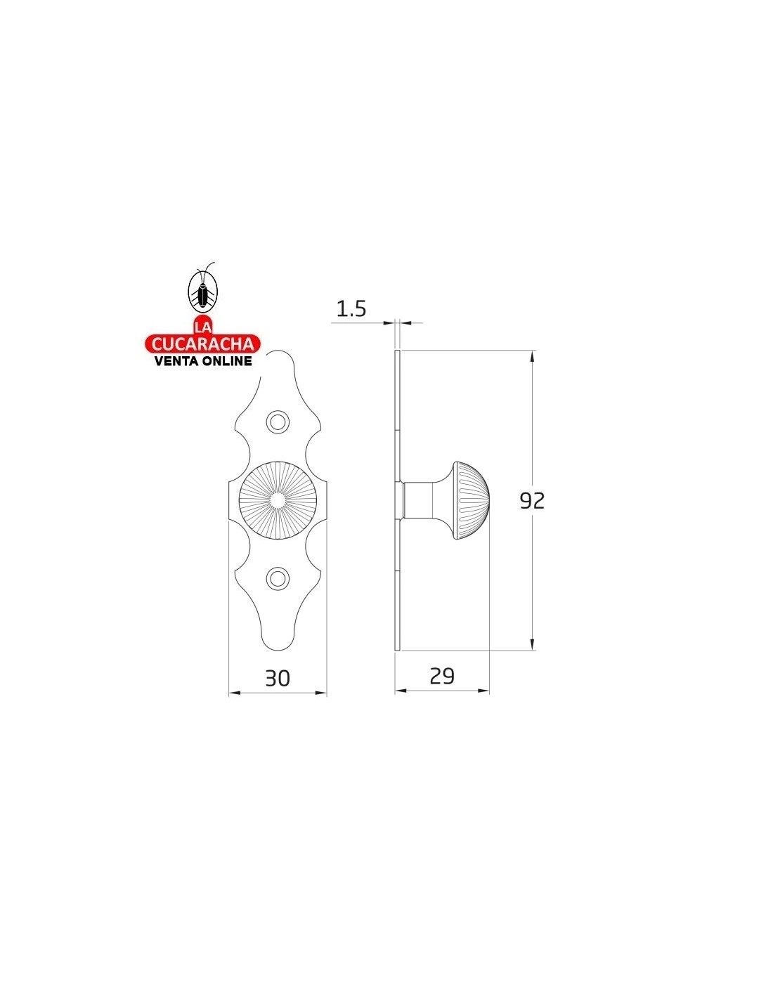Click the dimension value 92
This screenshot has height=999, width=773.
(x=531, y=501)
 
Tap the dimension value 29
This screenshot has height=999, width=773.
(x=442, y=677)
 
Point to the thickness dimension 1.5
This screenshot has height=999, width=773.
(x=351, y=308)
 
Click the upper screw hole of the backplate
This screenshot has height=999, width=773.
(x=278, y=422)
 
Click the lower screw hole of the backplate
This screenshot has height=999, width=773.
(x=278, y=579)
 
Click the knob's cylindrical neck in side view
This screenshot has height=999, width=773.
(x=418, y=500)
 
